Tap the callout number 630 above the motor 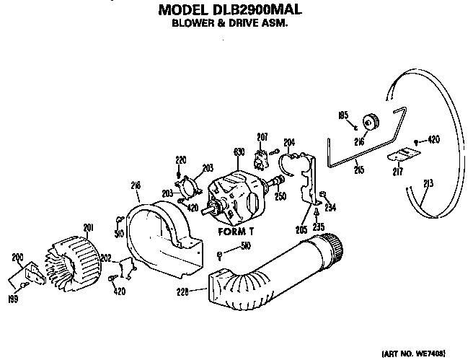point(240,152)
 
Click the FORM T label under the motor point(234,232)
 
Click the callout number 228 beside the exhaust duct point(183,292)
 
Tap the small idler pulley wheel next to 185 point(372,120)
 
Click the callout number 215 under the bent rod point(358,170)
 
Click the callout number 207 point(262,136)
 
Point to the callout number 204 point(289,142)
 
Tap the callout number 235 point(318,227)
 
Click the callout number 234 point(331,209)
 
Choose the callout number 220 point(181,159)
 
